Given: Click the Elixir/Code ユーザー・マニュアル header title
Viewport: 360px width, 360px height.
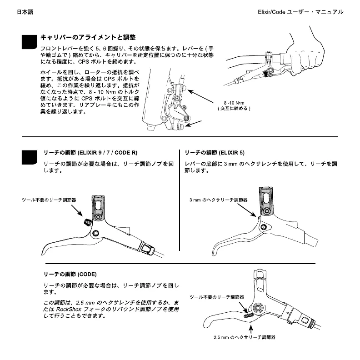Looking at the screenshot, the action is [x=300, y=12].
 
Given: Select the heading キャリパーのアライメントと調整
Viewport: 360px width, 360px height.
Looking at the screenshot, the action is [x=88, y=37].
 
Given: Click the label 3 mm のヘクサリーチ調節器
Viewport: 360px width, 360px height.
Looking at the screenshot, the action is [x=219, y=200].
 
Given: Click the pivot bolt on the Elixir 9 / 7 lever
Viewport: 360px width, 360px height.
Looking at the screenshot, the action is [x=96, y=233].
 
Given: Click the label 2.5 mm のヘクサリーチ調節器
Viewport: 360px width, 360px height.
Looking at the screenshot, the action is [x=245, y=338].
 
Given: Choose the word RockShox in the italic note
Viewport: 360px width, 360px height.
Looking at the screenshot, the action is [x=69, y=309].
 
